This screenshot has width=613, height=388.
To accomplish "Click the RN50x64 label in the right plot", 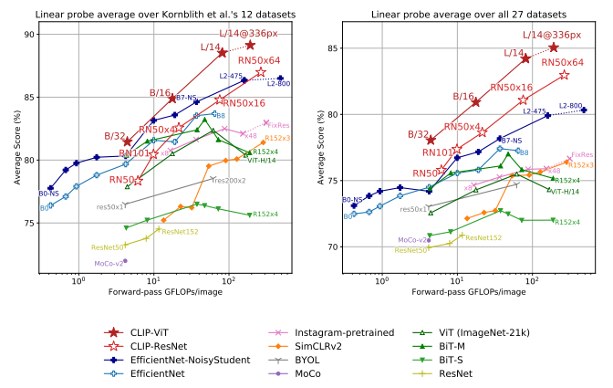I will (x=562, y=62).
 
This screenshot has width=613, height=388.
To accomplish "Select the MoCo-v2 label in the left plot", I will (x=107, y=263).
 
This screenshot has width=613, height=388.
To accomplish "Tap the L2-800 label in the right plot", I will (x=571, y=106).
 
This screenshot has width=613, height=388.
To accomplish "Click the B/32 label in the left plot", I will (x=114, y=136).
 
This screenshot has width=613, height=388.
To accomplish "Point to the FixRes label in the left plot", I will (x=278, y=124).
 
